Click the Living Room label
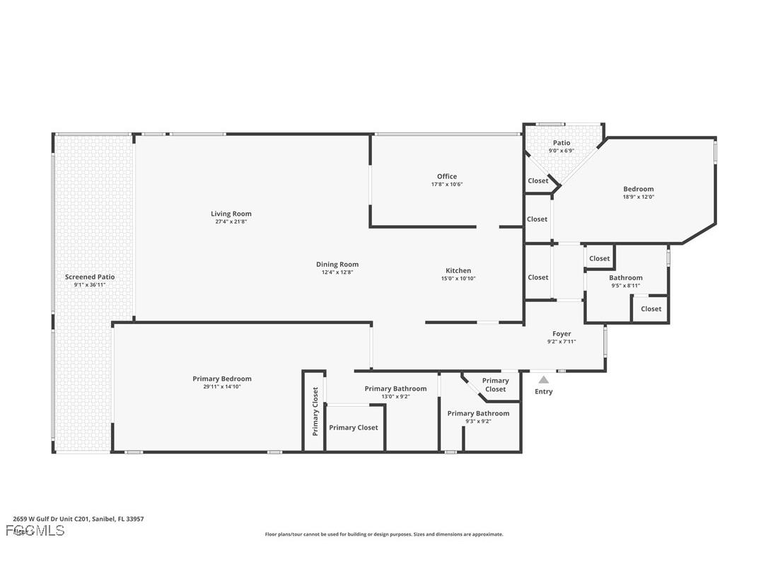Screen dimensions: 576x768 point(231,214)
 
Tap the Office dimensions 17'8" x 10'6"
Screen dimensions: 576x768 point(446,185)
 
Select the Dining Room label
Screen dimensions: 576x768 point(337,265)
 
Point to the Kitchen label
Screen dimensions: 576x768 point(458,271)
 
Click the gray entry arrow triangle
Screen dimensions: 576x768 point(543,380)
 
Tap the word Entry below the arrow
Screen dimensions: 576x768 point(543,391)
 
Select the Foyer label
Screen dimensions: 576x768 point(562,334)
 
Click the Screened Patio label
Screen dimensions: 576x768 point(90,277)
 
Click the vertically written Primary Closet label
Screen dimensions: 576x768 point(315,411)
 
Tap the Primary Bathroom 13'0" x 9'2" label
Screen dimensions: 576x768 point(395,392)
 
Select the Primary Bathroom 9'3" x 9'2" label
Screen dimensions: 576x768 point(478,417)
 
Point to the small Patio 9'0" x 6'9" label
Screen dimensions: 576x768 point(562,146)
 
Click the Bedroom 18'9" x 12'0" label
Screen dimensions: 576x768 point(638,192)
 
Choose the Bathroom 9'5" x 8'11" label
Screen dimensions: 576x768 point(626,282)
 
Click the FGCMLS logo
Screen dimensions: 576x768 point(35,530)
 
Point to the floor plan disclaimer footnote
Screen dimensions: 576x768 point(384,534)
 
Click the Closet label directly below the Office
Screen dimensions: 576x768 point(537,219)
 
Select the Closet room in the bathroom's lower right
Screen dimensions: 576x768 point(651,309)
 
